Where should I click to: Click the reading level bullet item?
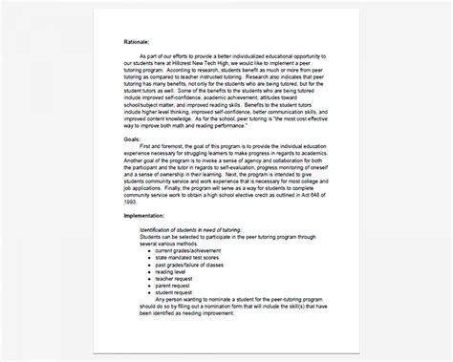pos(175,296)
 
